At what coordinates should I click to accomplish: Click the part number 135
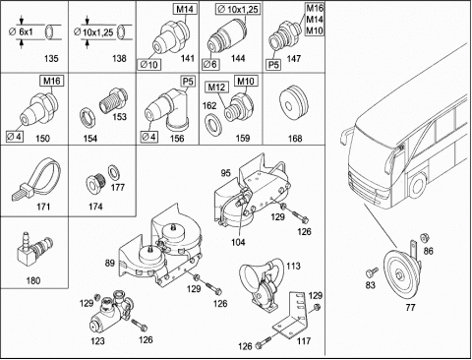click(x=51, y=59)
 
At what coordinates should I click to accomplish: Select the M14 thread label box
click(x=185, y=9)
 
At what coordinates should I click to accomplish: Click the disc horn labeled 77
click(x=402, y=273)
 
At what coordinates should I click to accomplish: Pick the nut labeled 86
click(x=424, y=237)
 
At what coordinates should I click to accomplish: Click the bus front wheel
click(x=417, y=185)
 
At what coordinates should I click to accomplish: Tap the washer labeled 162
click(x=212, y=124)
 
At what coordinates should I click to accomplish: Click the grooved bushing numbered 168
click(x=294, y=103)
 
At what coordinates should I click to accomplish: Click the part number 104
click(x=238, y=242)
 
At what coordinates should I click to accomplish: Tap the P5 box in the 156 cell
click(x=188, y=81)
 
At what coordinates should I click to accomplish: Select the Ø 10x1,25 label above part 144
click(x=238, y=9)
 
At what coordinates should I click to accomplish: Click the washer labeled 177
click(x=114, y=172)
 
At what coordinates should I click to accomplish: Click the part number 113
click(x=293, y=266)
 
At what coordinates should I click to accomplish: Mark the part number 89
click(x=109, y=263)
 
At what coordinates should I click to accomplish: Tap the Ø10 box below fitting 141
click(x=149, y=65)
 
